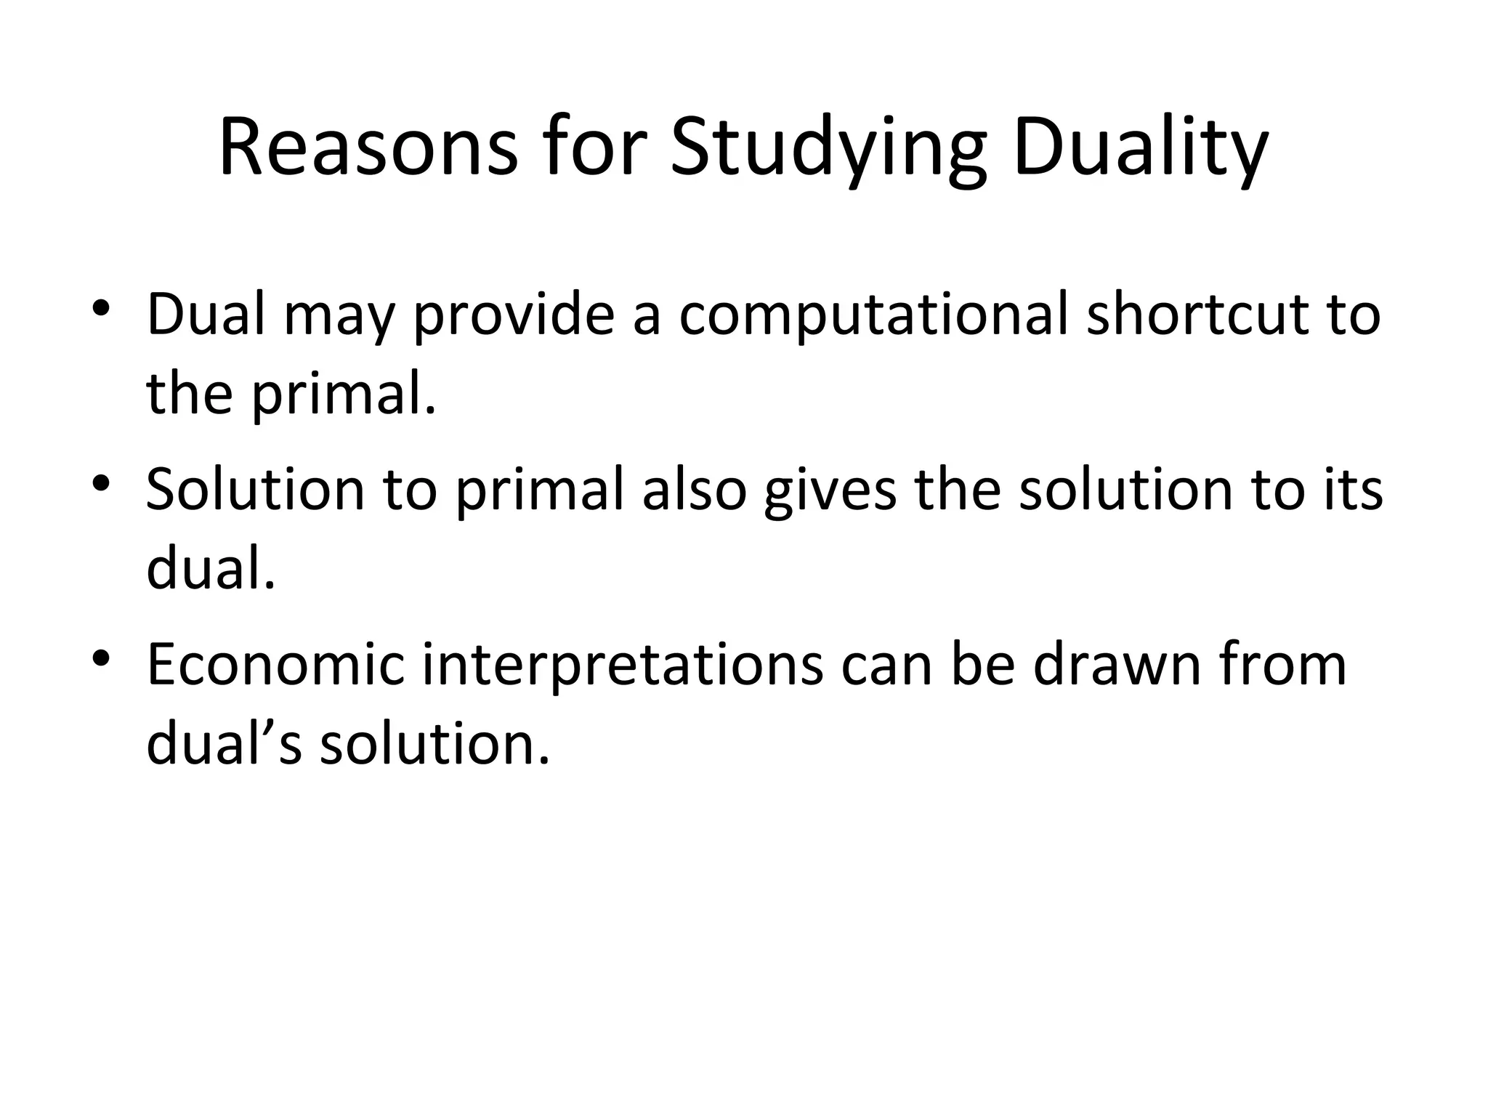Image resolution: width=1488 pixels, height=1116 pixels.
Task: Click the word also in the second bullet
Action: (695, 489)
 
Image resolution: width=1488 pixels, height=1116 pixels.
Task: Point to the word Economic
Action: (275, 664)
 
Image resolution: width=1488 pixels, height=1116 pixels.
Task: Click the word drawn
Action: (1117, 664)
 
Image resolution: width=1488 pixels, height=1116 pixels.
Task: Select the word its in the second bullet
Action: (1353, 489)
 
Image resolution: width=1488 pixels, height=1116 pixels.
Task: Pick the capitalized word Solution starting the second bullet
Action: (255, 489)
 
